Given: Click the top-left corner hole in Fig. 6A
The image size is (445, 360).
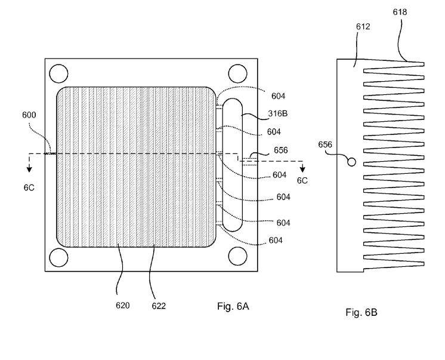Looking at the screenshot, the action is pyautogui.click(x=58, y=73).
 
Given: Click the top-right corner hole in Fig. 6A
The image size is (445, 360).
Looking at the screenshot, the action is pyautogui.click(x=238, y=73).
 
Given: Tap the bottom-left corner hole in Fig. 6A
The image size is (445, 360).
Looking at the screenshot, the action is pyautogui.click(x=58, y=257).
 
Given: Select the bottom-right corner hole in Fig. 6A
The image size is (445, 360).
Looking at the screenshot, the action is pyautogui.click(x=238, y=256).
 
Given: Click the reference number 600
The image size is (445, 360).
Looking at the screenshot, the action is pyautogui.click(x=29, y=115).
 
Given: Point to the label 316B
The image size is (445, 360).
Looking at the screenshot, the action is pyautogui.click(x=278, y=113).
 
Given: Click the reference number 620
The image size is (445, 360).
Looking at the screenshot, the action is pyautogui.click(x=123, y=306).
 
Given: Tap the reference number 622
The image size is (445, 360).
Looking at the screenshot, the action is pyautogui.click(x=159, y=306).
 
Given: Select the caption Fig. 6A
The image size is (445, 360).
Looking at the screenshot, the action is pyautogui.click(x=233, y=306).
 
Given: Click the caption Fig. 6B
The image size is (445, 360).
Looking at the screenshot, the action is pyautogui.click(x=361, y=312).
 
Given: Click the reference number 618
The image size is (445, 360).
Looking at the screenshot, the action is pyautogui.click(x=400, y=12).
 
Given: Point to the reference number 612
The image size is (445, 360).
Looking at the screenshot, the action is pyautogui.click(x=363, y=26).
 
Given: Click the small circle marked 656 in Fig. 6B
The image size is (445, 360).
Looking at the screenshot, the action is pyautogui.click(x=351, y=162).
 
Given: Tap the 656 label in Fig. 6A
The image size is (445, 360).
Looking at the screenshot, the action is pyautogui.click(x=281, y=150).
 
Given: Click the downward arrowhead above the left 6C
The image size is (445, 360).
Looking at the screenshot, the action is pyautogui.click(x=29, y=170).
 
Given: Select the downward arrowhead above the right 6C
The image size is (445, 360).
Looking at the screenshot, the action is pyautogui.click(x=302, y=170).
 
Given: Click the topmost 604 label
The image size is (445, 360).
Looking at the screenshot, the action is pyautogui.click(x=278, y=96).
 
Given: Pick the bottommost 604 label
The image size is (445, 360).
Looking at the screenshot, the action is pyautogui.click(x=276, y=241).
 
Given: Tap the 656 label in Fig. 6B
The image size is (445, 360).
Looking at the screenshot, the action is pyautogui.click(x=325, y=144).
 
